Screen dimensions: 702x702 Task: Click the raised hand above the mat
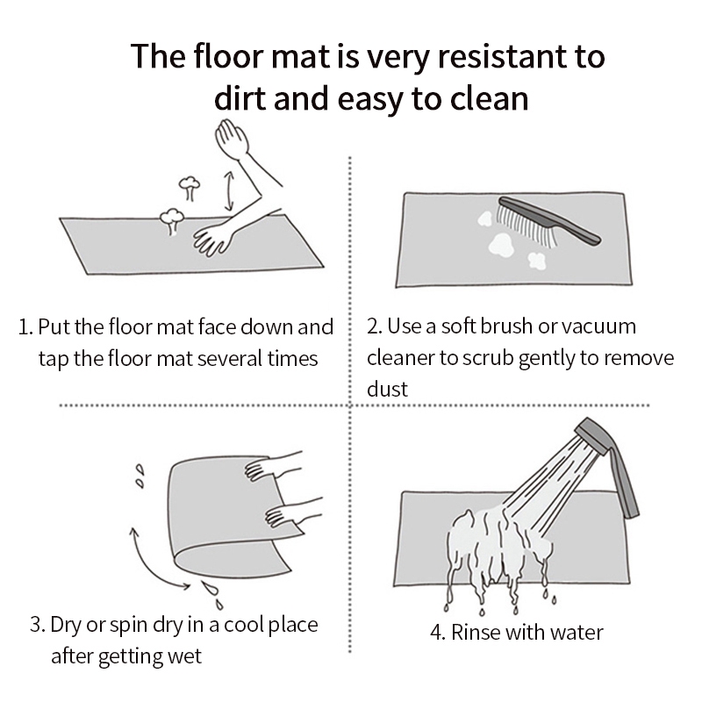232,139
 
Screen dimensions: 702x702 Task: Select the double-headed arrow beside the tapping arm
229,190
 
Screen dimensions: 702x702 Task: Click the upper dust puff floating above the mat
190,187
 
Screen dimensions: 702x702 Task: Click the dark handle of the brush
555,221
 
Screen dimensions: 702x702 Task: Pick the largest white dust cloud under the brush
501,246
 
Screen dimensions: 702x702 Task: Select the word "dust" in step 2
387,389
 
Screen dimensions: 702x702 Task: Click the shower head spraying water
591,435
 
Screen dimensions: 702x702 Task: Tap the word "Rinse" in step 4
474,632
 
